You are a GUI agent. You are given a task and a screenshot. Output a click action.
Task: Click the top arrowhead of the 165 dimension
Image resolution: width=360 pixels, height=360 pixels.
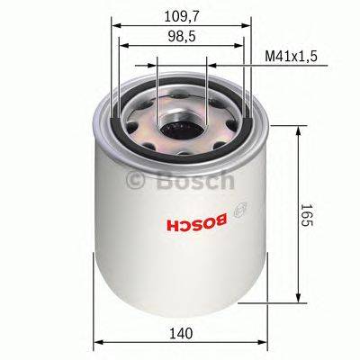(299, 130)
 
